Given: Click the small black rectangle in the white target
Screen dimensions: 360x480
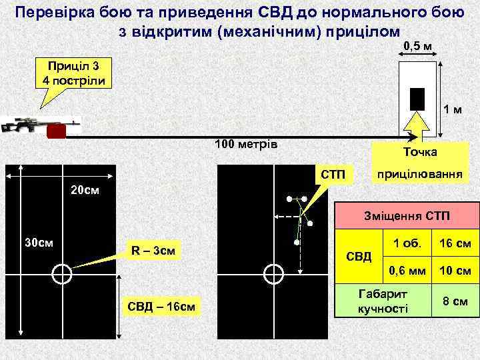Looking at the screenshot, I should (417, 99).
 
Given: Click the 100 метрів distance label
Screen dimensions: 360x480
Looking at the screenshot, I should (246, 145).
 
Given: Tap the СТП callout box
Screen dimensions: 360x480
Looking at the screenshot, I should (333, 175).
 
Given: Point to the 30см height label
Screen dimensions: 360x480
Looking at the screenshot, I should (39, 241).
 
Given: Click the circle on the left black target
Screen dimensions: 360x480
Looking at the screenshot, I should (61, 273).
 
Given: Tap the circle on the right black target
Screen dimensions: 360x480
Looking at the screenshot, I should (273, 273).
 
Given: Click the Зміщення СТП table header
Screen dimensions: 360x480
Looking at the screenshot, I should (407, 217).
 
